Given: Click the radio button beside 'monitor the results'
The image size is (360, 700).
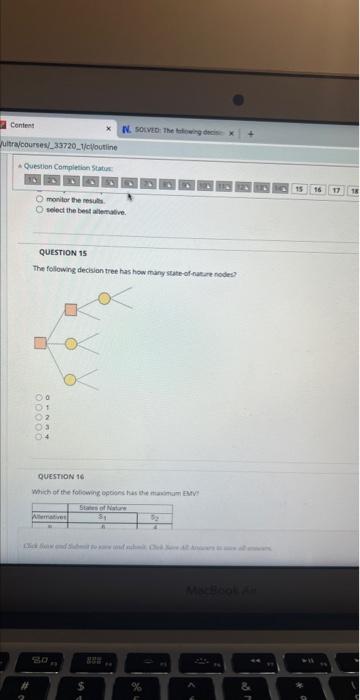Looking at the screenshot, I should coord(40,200).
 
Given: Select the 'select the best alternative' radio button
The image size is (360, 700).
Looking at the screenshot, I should coord(40,210).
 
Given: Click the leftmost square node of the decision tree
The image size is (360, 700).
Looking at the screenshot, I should coord(39,345).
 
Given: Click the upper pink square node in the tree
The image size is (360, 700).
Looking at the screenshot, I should coord(71,311).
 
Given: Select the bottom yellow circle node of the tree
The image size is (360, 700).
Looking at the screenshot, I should coord(70,379).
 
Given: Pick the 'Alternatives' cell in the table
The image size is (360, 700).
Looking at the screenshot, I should coord(51,517).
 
